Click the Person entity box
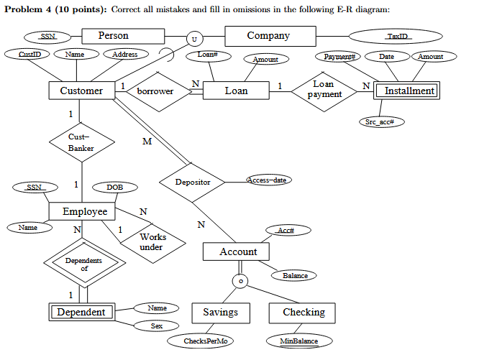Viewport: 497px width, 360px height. [113, 36]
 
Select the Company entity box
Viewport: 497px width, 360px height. [269, 36]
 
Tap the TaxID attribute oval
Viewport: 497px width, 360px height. [396, 36]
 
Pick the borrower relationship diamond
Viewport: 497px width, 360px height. [155, 91]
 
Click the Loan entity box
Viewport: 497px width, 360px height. [236, 91]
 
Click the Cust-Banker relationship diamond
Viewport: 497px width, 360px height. [81, 142]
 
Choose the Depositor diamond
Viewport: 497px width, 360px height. [193, 183]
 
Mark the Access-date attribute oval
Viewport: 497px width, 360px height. [268, 180]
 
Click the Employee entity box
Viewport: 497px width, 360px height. [84, 211]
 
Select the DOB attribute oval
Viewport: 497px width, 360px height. [114, 187]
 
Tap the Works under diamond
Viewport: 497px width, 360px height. [152, 241]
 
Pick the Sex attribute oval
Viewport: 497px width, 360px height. [156, 326]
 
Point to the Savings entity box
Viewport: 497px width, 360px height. [220, 313]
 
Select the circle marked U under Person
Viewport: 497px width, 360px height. [193, 39]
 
